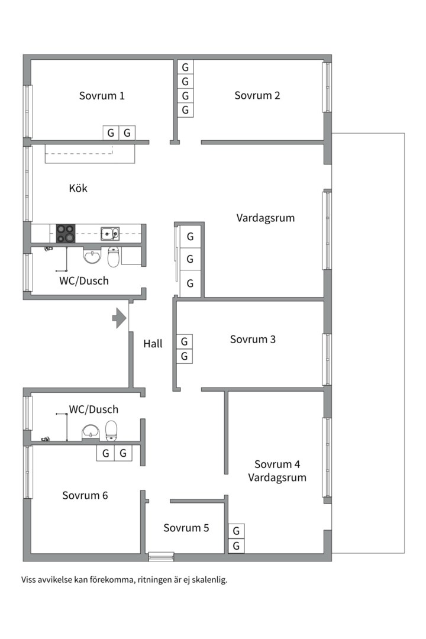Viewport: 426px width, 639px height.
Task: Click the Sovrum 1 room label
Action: [102, 96]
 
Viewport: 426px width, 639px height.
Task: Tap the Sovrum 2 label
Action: [257, 96]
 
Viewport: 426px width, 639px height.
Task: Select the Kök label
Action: [78, 188]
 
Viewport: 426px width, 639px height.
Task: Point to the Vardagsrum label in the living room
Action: [265, 218]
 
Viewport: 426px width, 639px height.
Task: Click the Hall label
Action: [153, 343]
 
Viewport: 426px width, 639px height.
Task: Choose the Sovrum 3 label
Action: [253, 340]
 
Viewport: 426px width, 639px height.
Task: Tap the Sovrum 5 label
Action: [186, 528]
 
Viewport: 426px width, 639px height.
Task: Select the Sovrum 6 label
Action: [85, 495]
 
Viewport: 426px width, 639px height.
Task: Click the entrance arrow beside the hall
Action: [120, 318]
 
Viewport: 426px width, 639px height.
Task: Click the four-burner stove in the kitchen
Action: [66, 234]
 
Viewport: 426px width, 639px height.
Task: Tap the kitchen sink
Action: [109, 233]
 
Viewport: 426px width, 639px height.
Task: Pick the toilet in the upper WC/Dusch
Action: [113, 257]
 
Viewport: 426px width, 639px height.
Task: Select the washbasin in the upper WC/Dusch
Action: [92, 257]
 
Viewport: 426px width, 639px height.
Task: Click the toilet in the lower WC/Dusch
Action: [111, 431]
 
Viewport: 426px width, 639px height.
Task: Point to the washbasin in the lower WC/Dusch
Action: [90, 432]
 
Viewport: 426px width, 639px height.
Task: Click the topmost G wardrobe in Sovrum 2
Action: [185, 67]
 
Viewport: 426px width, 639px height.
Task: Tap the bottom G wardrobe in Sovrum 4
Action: [236, 546]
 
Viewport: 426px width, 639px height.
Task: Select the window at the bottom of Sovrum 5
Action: [161, 556]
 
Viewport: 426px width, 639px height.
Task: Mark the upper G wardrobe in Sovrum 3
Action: [185, 341]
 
